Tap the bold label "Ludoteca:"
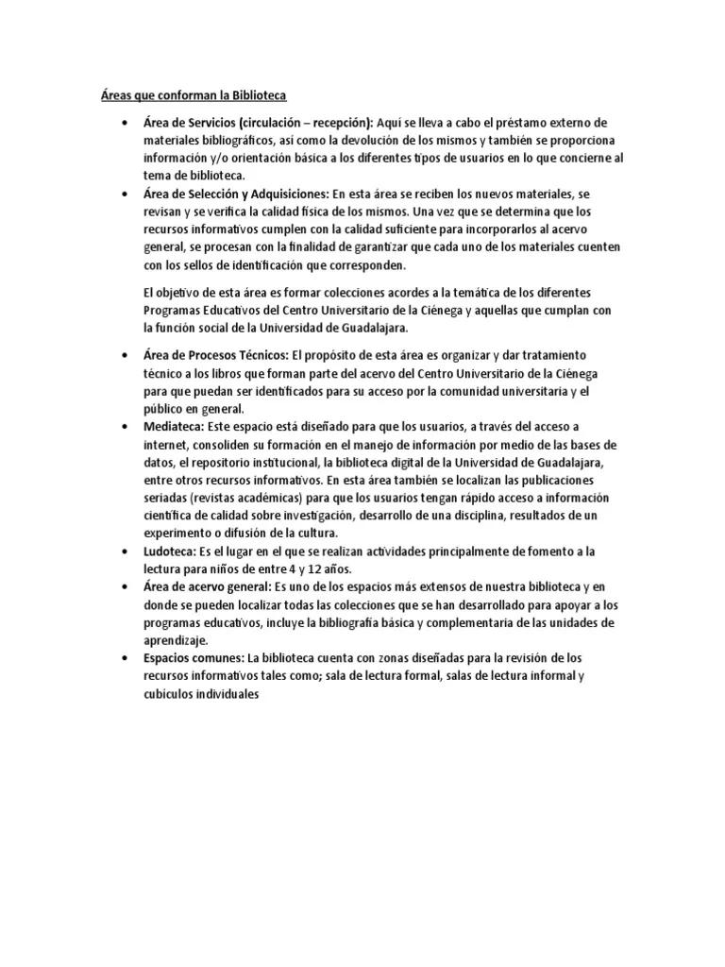point(171,551)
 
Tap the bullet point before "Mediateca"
point(125,427)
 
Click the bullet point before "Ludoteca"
point(125,551)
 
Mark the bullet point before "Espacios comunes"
point(125,657)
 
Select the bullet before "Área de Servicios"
point(125,123)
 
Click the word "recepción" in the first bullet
point(342,123)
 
